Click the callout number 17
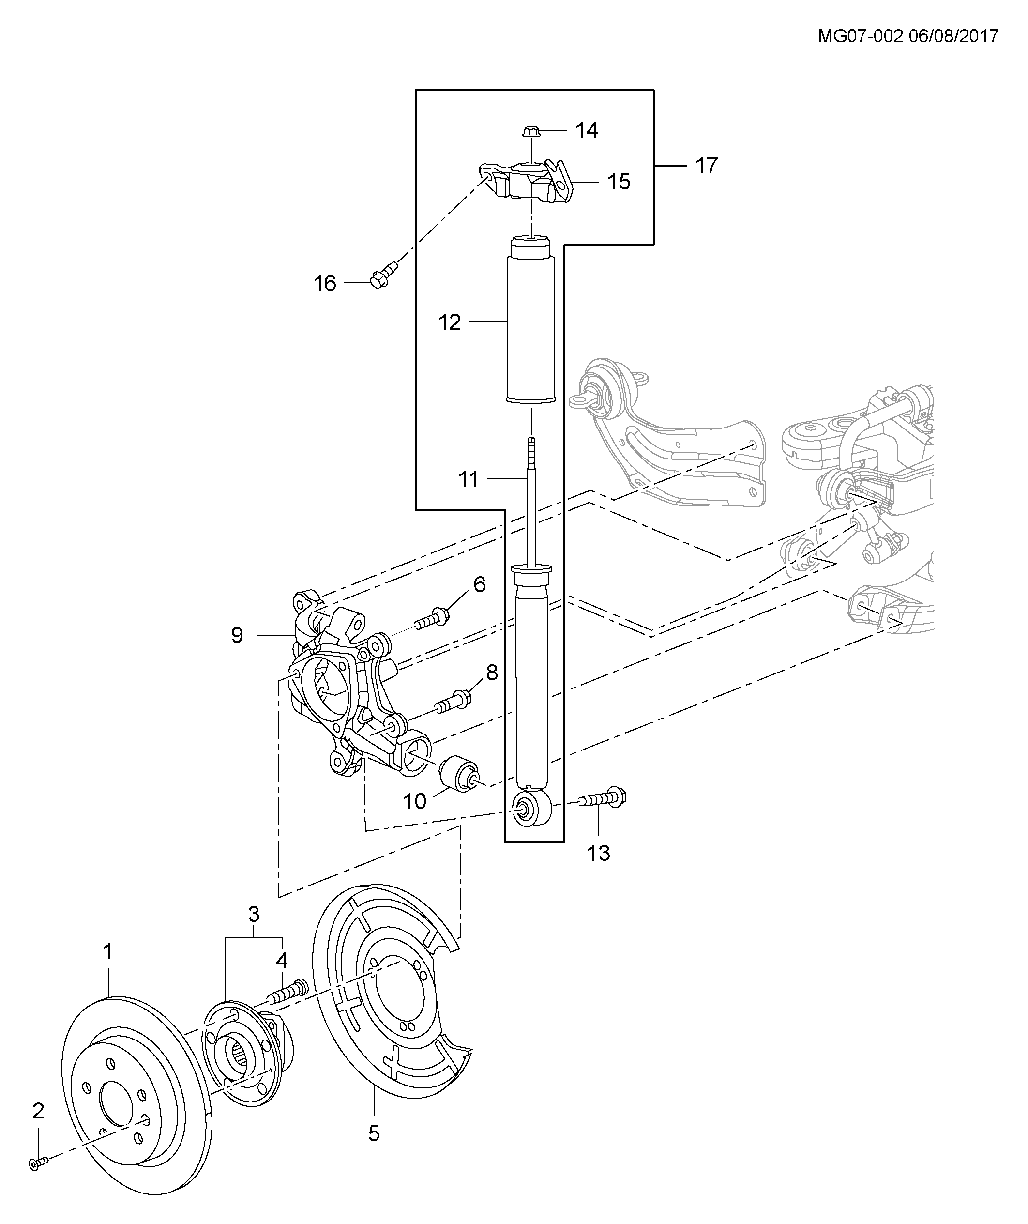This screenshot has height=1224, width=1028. point(706,166)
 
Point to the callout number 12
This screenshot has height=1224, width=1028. point(449,322)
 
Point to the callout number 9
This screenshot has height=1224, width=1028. point(237,635)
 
